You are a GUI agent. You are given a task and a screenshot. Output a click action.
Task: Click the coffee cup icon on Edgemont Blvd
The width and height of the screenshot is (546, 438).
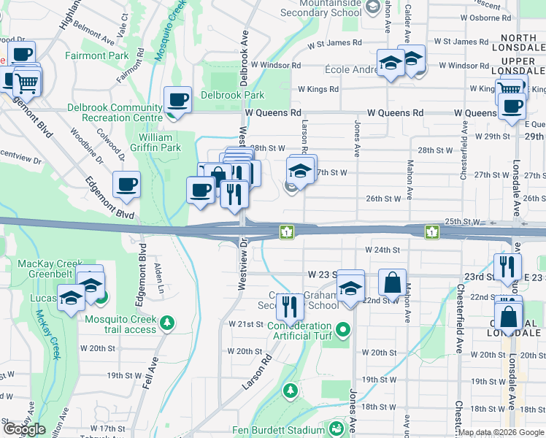[x=126, y=185]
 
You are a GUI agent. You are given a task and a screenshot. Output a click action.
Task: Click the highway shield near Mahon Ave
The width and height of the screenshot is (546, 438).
[x=433, y=232]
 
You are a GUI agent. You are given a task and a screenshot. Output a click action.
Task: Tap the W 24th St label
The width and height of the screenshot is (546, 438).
[x=383, y=250]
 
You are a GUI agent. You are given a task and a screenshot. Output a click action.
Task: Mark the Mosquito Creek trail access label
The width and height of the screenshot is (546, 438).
[x=120, y=324]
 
